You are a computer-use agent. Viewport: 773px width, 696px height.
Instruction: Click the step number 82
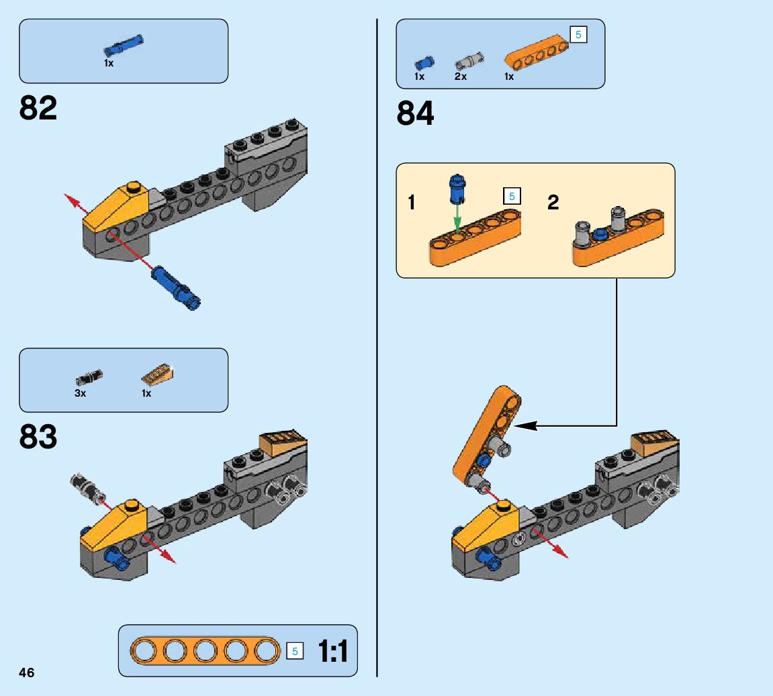[x=38, y=108]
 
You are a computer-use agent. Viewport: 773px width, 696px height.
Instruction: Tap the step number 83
[x=38, y=437]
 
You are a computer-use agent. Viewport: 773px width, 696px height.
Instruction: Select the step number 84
[x=415, y=113]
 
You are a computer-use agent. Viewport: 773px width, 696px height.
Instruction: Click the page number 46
[x=26, y=673]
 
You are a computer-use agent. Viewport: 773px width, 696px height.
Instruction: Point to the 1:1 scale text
[x=333, y=652]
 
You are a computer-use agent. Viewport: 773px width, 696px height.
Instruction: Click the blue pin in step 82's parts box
[x=123, y=46]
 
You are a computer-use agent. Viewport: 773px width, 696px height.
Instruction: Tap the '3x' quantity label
[x=81, y=393]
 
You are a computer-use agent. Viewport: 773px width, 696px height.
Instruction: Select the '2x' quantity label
[x=460, y=77]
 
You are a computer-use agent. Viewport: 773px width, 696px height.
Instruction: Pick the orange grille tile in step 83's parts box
[x=157, y=373]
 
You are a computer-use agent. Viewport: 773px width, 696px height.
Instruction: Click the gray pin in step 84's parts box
[x=468, y=61]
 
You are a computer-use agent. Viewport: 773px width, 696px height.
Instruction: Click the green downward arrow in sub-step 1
[x=457, y=217]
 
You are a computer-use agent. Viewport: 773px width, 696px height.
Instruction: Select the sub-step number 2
[x=553, y=202]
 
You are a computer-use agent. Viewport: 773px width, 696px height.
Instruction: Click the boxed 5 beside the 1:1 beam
[x=294, y=651]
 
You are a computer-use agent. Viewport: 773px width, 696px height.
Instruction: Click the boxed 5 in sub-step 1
[x=512, y=197]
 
